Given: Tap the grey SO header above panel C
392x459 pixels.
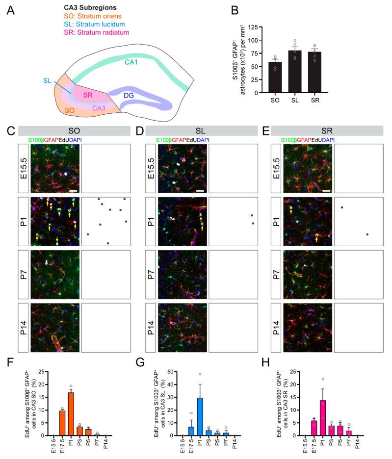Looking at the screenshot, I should click(x=73, y=130).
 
